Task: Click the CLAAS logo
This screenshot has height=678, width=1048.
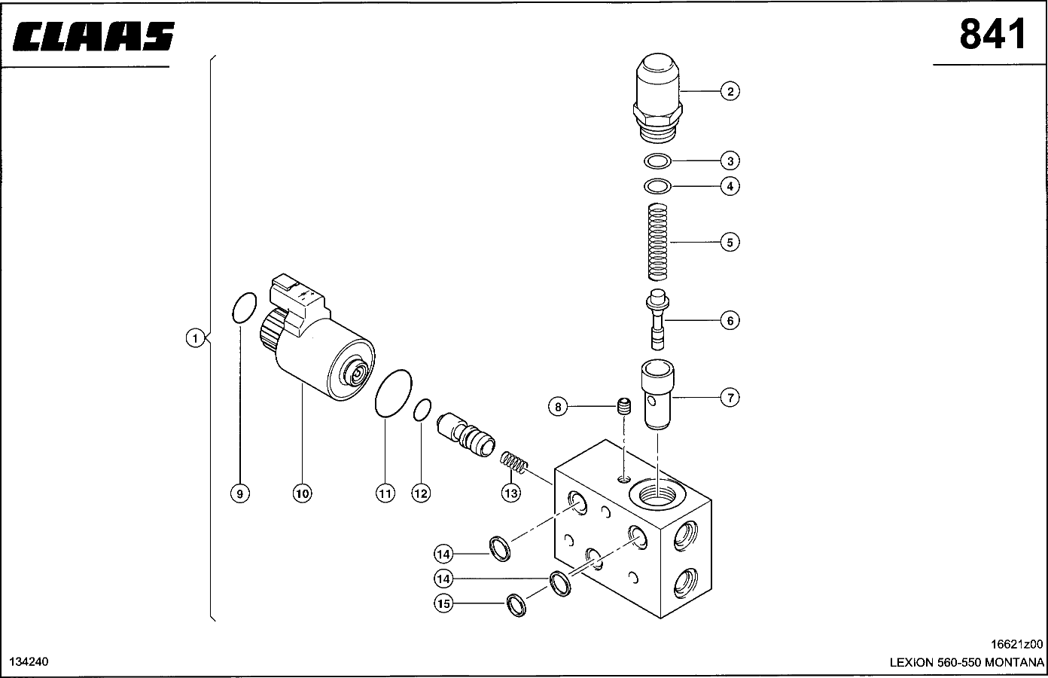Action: point(93,36)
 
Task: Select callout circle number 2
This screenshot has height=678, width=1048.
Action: point(730,91)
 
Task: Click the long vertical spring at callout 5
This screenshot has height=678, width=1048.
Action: point(658,242)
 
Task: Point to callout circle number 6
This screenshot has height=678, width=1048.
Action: point(730,321)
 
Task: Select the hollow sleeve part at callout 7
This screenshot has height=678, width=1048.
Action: point(657,394)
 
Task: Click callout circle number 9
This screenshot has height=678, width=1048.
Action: point(239,493)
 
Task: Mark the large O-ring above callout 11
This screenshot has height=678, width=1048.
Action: point(376,393)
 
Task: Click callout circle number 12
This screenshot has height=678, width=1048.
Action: point(421,493)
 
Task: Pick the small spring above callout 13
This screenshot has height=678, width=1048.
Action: point(513,462)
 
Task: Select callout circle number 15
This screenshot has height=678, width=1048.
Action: point(443,603)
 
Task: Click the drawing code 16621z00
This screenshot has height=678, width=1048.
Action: point(1016,644)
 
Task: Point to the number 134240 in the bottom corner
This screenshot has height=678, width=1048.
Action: point(29,662)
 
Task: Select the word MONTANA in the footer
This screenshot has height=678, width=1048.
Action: point(1014,662)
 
